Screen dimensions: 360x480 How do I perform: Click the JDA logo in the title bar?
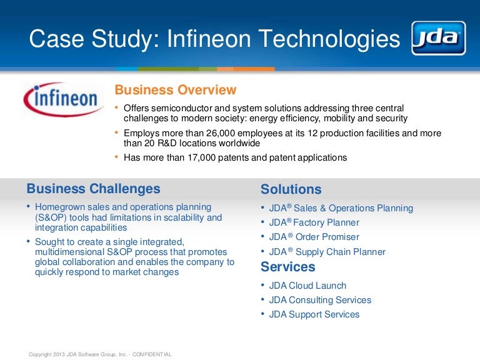click(x=438, y=38)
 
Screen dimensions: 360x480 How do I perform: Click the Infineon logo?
click(x=64, y=99)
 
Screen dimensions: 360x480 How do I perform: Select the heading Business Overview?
click(x=176, y=90)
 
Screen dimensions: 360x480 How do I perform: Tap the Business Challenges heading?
click(x=93, y=189)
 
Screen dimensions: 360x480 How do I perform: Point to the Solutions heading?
click(x=291, y=189)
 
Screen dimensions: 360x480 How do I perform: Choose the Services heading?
click(x=287, y=267)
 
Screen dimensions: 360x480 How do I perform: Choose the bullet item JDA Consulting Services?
click(x=320, y=300)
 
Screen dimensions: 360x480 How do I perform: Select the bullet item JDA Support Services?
click(x=314, y=314)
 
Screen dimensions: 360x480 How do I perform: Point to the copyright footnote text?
click(x=100, y=354)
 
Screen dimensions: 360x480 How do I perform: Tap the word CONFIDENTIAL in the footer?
click(x=150, y=354)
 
